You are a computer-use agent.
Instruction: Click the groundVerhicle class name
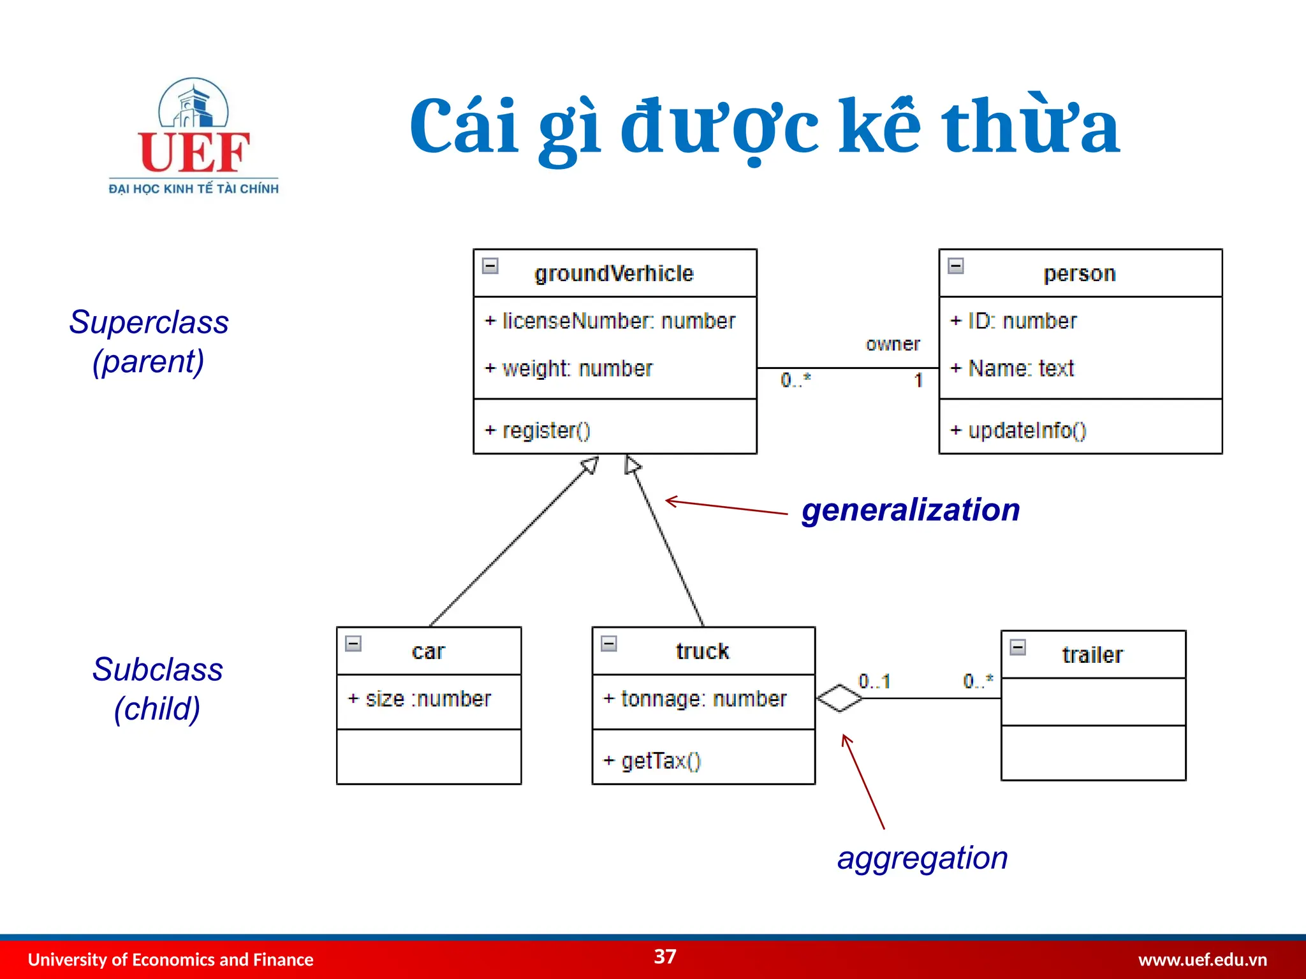pyautogui.click(x=613, y=273)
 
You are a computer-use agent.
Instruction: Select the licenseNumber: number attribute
pyautogui.click(x=610, y=321)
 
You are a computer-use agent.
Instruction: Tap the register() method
pyautogui.click(x=538, y=430)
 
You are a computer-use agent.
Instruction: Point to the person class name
pyautogui.click(x=1079, y=273)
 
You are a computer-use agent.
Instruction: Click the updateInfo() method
pyautogui.click(x=1018, y=430)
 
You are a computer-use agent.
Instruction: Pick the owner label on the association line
pyautogui.click(x=892, y=344)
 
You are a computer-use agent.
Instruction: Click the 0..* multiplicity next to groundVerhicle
pyautogui.click(x=795, y=380)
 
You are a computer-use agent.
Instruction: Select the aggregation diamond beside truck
pyautogui.click(x=839, y=698)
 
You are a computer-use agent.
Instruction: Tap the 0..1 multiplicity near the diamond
pyautogui.click(x=874, y=681)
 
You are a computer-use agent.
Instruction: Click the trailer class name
pyautogui.click(x=1092, y=655)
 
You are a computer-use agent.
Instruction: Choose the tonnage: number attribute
pyautogui.click(x=695, y=699)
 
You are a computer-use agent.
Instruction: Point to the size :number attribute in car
pyautogui.click(x=420, y=699)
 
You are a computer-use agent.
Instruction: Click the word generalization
pyautogui.click(x=910, y=510)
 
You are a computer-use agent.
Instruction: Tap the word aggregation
pyautogui.click(x=922, y=857)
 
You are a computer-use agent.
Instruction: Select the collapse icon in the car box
pyautogui.click(x=353, y=643)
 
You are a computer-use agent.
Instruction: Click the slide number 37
pyautogui.click(x=665, y=956)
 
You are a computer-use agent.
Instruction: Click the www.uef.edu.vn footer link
pyautogui.click(x=1202, y=959)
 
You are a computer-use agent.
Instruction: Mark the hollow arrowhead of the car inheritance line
pyautogui.click(x=590, y=465)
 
